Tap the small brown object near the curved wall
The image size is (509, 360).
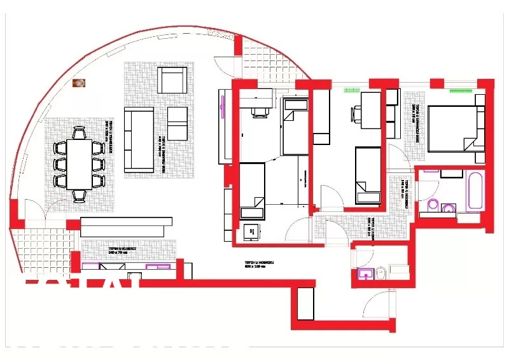79,83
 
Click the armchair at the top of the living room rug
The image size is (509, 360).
172,81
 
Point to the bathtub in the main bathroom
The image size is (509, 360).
476,190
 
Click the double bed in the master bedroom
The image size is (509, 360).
454,129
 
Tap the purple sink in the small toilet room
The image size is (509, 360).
365,273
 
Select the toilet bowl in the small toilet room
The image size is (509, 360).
380,273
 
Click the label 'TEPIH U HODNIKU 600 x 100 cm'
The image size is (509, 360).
259,264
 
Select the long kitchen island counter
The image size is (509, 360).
127,223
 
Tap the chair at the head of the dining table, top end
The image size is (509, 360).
80,132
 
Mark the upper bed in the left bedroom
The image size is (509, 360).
295,127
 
